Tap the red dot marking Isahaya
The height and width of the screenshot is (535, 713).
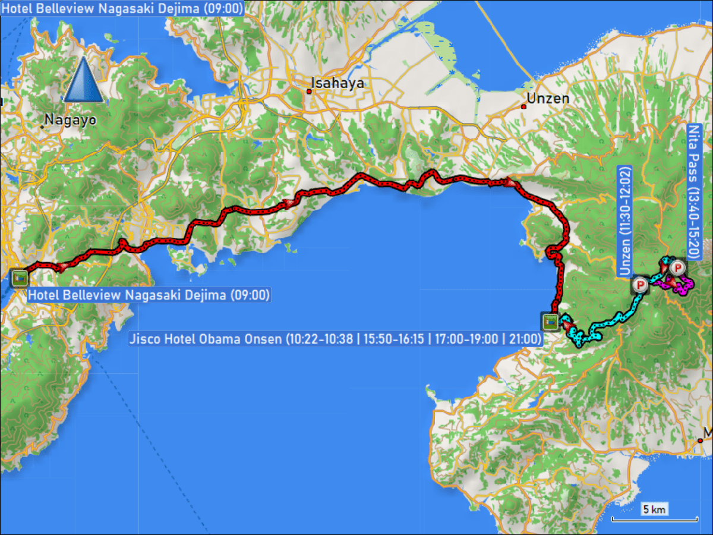tap(310, 92)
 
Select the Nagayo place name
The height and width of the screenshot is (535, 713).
tap(71, 120)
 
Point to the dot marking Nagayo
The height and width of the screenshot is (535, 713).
tap(43, 126)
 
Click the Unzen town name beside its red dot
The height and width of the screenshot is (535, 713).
tap(551, 99)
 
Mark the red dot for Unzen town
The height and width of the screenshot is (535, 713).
tap(523, 107)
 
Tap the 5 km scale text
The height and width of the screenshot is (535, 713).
tap(654, 509)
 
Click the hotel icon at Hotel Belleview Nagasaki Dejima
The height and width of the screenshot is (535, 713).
tap(20, 278)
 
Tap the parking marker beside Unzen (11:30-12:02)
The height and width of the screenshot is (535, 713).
tap(641, 285)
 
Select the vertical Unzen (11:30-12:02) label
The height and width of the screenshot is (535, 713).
tap(625, 221)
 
